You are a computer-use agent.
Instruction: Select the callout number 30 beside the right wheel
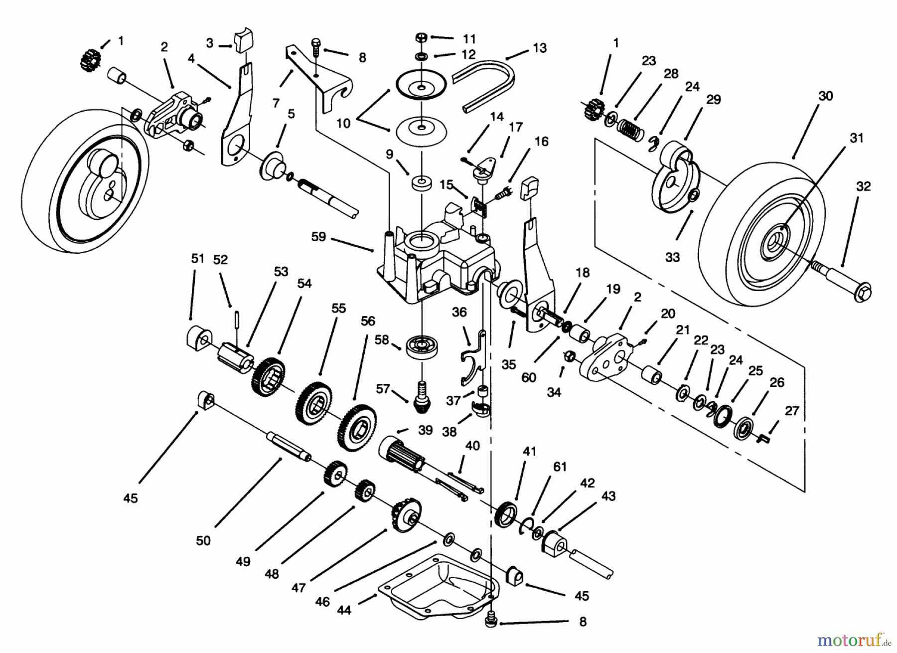(x=826, y=96)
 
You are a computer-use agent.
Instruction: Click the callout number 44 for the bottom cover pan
(x=344, y=610)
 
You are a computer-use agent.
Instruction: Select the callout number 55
(x=338, y=308)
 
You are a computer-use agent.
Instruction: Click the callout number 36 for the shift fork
(x=459, y=312)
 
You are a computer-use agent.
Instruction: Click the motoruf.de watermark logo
(x=856, y=639)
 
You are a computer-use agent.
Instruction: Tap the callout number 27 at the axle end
(x=791, y=411)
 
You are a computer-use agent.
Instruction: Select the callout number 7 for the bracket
(x=276, y=103)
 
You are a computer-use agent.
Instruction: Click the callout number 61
(x=560, y=467)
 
